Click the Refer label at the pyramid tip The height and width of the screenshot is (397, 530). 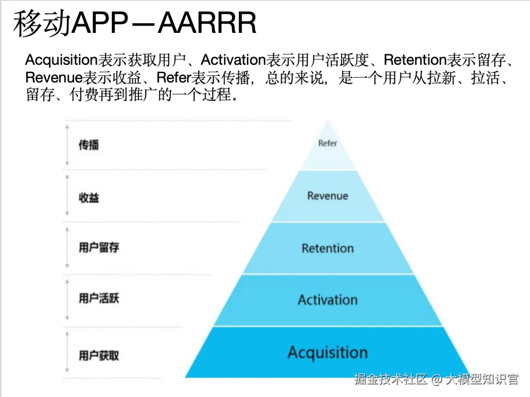tap(327, 143)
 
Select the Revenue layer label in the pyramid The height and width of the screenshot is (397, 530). tap(327, 196)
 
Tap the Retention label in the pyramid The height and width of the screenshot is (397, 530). tap(327, 248)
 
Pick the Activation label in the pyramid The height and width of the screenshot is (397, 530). tap(327, 300)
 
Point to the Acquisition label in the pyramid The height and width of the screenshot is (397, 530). tap(327, 352)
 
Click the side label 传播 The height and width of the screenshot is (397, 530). tap(89, 145)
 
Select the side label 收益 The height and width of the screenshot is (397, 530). tap(89, 198)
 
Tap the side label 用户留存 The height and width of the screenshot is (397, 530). tap(99, 247)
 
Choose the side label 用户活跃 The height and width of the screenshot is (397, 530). tap(99, 298)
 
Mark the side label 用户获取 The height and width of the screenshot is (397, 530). tap(99, 355)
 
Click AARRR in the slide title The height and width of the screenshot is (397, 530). tap(208, 24)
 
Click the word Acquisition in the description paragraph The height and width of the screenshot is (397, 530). tap(61, 61)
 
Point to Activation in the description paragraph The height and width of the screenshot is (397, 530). tap(233, 61)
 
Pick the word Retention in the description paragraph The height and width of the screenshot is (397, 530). tap(415, 61)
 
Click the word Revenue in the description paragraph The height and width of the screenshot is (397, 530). tap(53, 78)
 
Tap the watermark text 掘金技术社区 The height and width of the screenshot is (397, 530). tap(391, 379)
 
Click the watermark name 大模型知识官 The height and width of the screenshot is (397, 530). tap(482, 379)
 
